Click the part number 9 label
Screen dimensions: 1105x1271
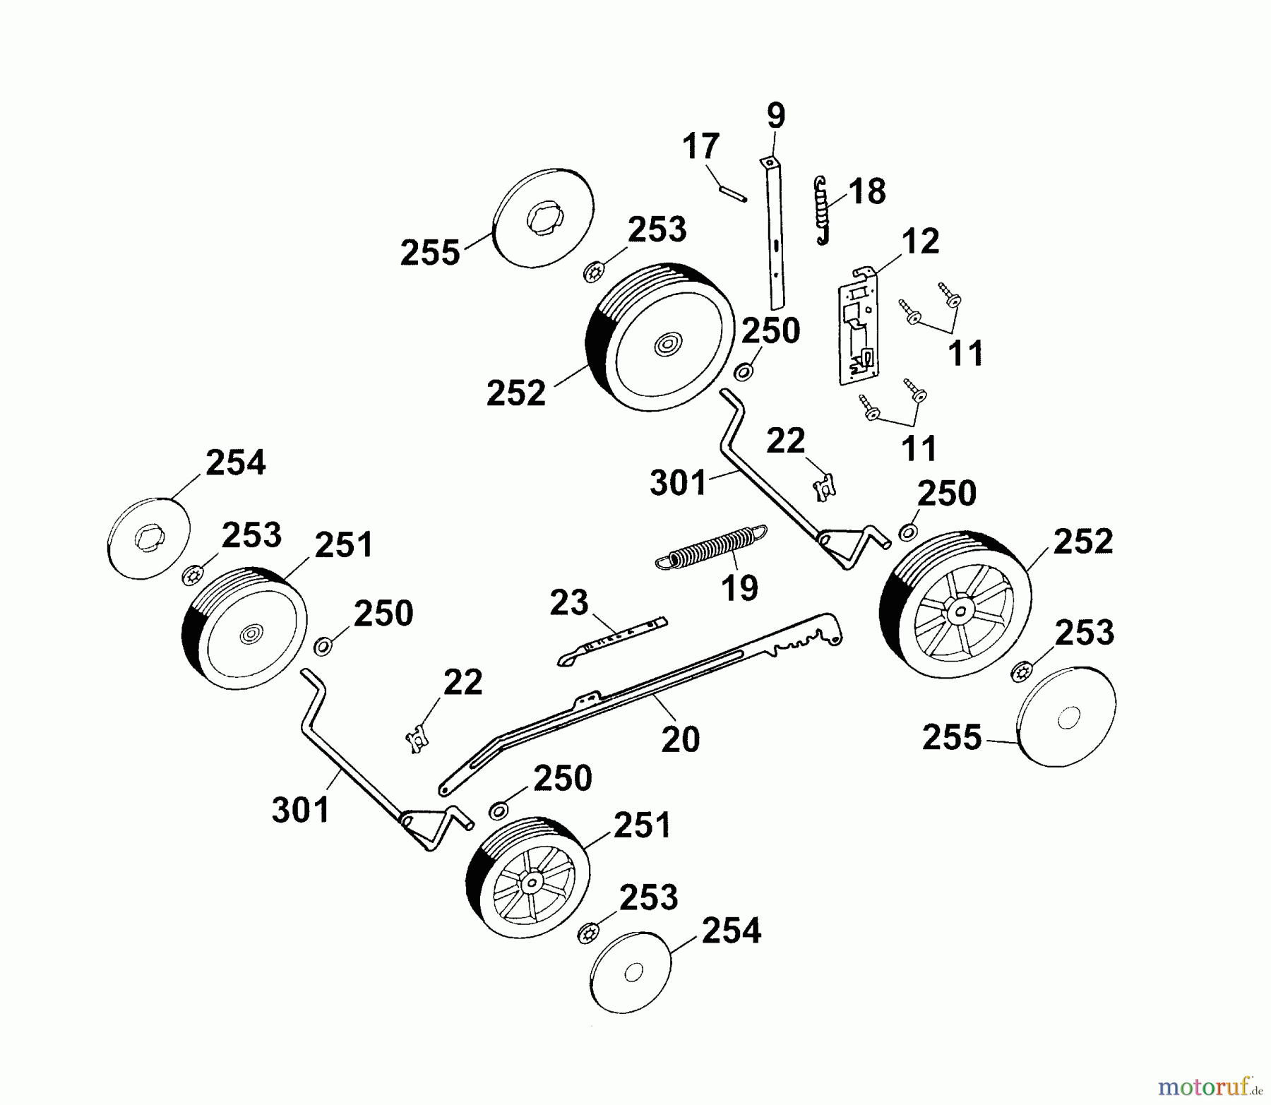click(775, 116)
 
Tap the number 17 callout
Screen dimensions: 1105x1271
click(700, 147)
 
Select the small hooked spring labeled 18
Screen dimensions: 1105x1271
click(822, 210)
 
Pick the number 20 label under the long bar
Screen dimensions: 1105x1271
click(680, 739)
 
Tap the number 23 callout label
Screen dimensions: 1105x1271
click(569, 603)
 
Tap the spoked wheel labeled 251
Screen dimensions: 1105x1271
click(528, 879)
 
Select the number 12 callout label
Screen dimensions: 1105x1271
click(920, 241)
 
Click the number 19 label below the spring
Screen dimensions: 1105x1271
click(739, 587)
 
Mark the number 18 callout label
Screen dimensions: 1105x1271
click(867, 191)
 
